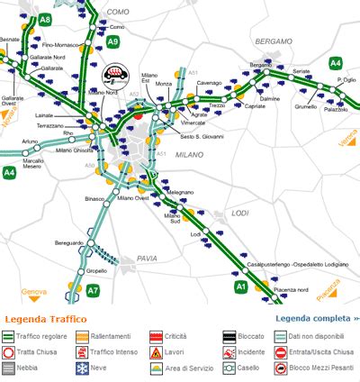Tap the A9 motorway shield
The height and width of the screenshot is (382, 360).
tap(112, 41)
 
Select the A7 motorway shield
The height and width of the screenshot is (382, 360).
tap(93, 289)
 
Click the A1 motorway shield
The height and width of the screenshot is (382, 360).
tap(240, 286)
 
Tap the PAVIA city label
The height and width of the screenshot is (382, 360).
tap(147, 259)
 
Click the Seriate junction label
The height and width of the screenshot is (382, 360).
tap(301, 71)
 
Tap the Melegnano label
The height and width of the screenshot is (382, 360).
tap(180, 192)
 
